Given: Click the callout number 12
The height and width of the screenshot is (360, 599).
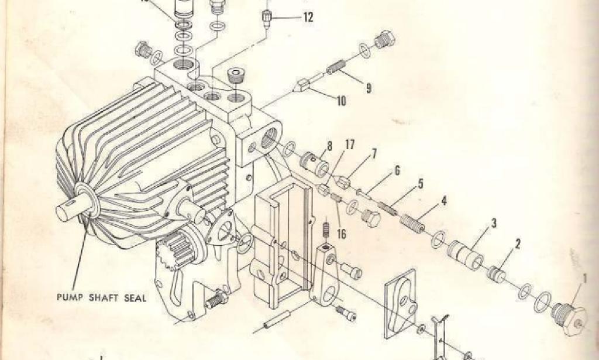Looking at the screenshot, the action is click(307, 18).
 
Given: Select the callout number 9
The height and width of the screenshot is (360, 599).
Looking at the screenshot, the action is click(369, 88).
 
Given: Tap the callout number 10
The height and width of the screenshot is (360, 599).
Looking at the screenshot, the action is click(340, 101).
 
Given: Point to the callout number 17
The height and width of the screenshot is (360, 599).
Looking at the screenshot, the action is click(350, 143).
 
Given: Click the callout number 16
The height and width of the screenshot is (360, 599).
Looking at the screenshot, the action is click(342, 234).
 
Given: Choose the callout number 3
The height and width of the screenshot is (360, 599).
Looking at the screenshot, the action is click(494, 223).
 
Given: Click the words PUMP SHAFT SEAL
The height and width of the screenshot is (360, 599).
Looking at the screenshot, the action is click(101, 297).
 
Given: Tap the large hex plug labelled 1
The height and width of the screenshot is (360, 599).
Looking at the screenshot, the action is click(570, 317).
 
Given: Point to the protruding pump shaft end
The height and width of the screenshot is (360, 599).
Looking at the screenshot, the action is click(68, 210).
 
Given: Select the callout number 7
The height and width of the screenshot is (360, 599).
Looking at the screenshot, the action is click(374, 153).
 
